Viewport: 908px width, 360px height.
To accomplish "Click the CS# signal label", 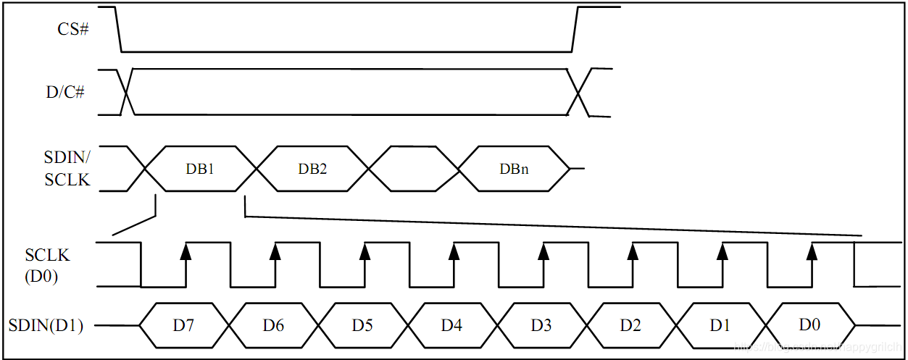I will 73,30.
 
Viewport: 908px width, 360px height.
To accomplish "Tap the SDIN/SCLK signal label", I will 67,168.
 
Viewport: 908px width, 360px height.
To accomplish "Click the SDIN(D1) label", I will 46,325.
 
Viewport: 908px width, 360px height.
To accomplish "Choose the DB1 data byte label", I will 201,168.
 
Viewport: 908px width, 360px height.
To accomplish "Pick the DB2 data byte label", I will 312,168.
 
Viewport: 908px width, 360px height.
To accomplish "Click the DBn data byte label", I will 514,168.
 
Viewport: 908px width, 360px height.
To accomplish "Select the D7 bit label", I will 183,325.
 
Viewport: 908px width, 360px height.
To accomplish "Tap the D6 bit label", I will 273,325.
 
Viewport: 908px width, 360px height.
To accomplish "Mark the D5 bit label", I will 362,325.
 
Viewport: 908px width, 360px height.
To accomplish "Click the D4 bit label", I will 451,325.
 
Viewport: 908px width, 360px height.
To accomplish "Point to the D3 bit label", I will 541,325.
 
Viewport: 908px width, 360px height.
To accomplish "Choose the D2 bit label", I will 630,325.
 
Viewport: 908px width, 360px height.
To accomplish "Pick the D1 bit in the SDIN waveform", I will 720,325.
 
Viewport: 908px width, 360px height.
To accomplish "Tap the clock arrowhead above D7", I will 186,251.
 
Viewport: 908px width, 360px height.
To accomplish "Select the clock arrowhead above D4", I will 454,251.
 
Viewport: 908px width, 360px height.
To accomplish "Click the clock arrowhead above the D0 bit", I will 812,251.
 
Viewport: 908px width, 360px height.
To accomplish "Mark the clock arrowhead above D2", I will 633,251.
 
